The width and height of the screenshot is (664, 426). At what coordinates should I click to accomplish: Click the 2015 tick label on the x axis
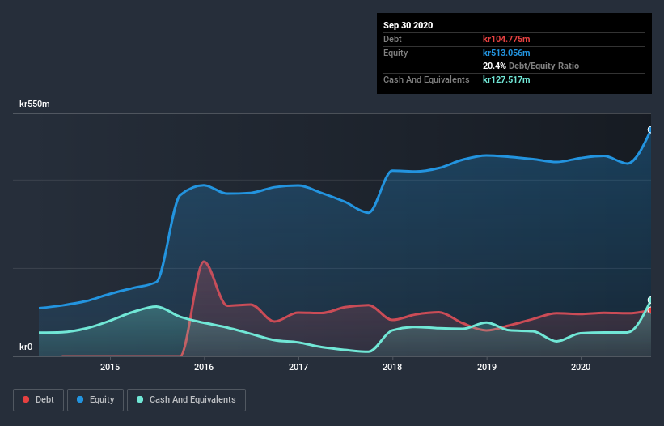110,367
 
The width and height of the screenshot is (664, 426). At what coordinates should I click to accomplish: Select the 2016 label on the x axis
204,367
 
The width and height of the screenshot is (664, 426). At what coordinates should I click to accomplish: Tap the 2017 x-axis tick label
298,367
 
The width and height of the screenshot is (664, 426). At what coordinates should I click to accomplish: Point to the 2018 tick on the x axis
392,367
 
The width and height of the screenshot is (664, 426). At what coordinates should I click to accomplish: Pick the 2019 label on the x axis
487,367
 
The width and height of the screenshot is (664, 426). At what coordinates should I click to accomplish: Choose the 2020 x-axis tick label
581,367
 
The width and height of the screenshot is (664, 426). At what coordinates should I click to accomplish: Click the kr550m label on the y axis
35,104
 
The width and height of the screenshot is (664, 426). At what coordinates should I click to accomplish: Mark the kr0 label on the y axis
26,347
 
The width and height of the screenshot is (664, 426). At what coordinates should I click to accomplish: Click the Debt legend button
38,399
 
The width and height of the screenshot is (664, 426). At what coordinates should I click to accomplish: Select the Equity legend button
95,399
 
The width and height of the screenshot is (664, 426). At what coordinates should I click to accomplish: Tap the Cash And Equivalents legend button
186,399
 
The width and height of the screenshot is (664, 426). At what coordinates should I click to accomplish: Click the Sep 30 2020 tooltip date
408,25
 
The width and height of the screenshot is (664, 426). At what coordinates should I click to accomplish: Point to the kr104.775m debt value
506,39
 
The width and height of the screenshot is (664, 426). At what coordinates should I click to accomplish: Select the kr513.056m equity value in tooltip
506,53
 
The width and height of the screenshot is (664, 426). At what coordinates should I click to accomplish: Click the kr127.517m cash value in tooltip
506,79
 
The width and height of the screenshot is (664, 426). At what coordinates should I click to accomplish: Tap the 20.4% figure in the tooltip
494,66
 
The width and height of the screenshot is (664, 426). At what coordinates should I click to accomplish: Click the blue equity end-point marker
650,130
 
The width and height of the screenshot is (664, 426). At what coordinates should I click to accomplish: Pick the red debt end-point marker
650,310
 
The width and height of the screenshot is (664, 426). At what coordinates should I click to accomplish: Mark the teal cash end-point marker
650,300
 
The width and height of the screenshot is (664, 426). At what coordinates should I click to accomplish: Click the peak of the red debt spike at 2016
204,262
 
